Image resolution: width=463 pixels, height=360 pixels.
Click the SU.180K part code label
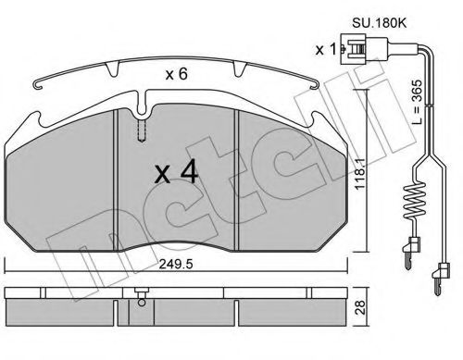point(380,23)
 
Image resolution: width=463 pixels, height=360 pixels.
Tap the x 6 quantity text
point(176,74)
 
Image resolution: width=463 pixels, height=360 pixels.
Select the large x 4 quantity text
point(176,173)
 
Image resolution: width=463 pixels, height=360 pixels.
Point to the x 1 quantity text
point(325,49)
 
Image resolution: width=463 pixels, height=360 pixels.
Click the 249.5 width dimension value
point(176,264)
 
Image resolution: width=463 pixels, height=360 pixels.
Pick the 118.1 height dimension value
point(360,174)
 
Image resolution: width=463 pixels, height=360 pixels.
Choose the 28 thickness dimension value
point(360,307)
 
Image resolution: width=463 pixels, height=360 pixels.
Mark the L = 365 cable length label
point(417,102)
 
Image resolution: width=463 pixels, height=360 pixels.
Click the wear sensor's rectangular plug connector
point(363,49)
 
